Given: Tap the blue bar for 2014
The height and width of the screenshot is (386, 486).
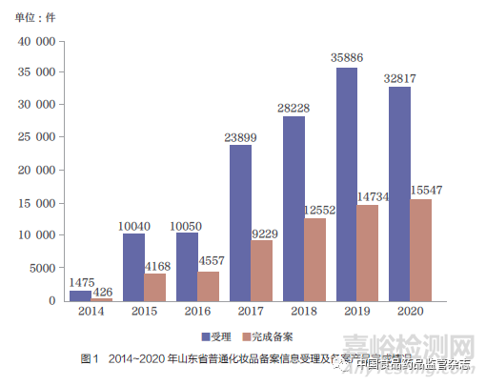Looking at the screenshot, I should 80,295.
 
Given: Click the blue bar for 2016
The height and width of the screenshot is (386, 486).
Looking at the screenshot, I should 187,268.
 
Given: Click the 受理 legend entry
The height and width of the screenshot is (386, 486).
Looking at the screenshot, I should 216,335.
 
